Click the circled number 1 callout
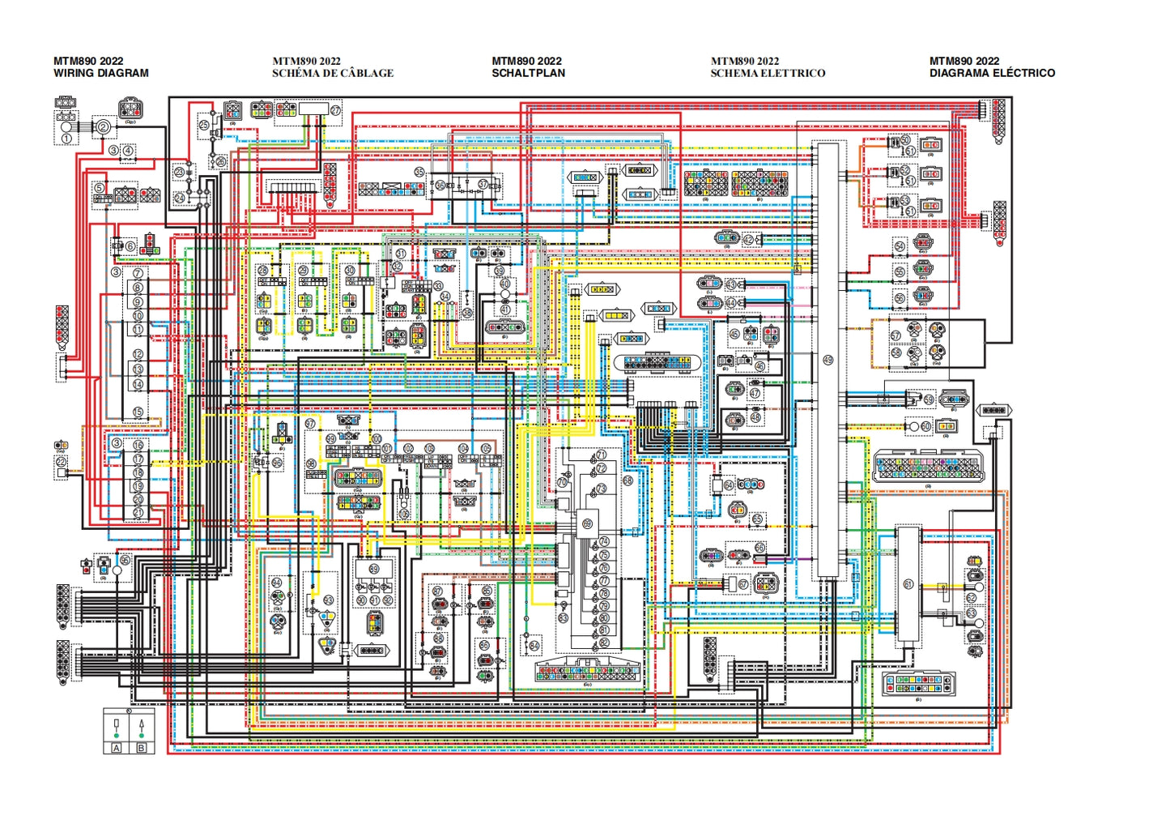pos(66,139)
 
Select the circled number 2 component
pos(103,126)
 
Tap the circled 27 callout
pos(335,109)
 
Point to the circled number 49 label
pos(828,360)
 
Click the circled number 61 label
pos(908,584)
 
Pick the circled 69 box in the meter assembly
pos(587,524)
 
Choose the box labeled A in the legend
pos(117,747)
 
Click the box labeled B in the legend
pos(142,747)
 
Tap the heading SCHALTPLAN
pos(528,73)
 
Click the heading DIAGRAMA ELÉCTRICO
pos(992,73)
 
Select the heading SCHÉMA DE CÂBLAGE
pos(333,73)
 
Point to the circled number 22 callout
pos(62,461)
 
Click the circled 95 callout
pos(125,560)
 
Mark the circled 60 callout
pos(926,426)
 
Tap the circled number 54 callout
pos(900,246)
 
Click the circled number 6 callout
pos(130,246)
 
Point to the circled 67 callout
pos(743,584)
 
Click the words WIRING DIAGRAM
pos(101,73)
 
